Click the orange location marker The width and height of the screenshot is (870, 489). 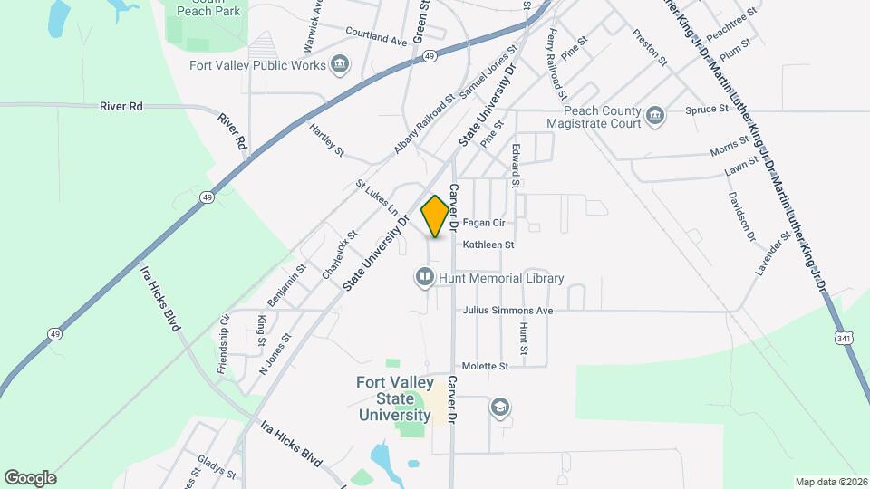[435, 216]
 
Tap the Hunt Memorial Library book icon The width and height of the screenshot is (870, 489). [424, 278]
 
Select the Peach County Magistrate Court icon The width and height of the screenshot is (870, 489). [655, 115]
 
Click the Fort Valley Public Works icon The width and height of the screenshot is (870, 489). [340, 64]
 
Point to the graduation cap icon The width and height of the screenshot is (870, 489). [499, 407]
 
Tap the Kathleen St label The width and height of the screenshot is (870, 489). [488, 244]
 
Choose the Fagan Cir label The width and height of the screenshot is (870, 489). [483, 222]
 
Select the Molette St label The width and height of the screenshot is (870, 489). [485, 366]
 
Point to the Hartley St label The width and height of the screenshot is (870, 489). [326, 139]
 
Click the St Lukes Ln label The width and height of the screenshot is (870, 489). [376, 197]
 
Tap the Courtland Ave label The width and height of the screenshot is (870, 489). [376, 36]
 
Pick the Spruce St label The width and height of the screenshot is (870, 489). [707, 109]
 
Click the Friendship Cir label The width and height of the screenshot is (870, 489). [222, 344]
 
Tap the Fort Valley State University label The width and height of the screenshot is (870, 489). [392, 398]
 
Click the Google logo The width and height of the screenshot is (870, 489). [30, 477]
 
